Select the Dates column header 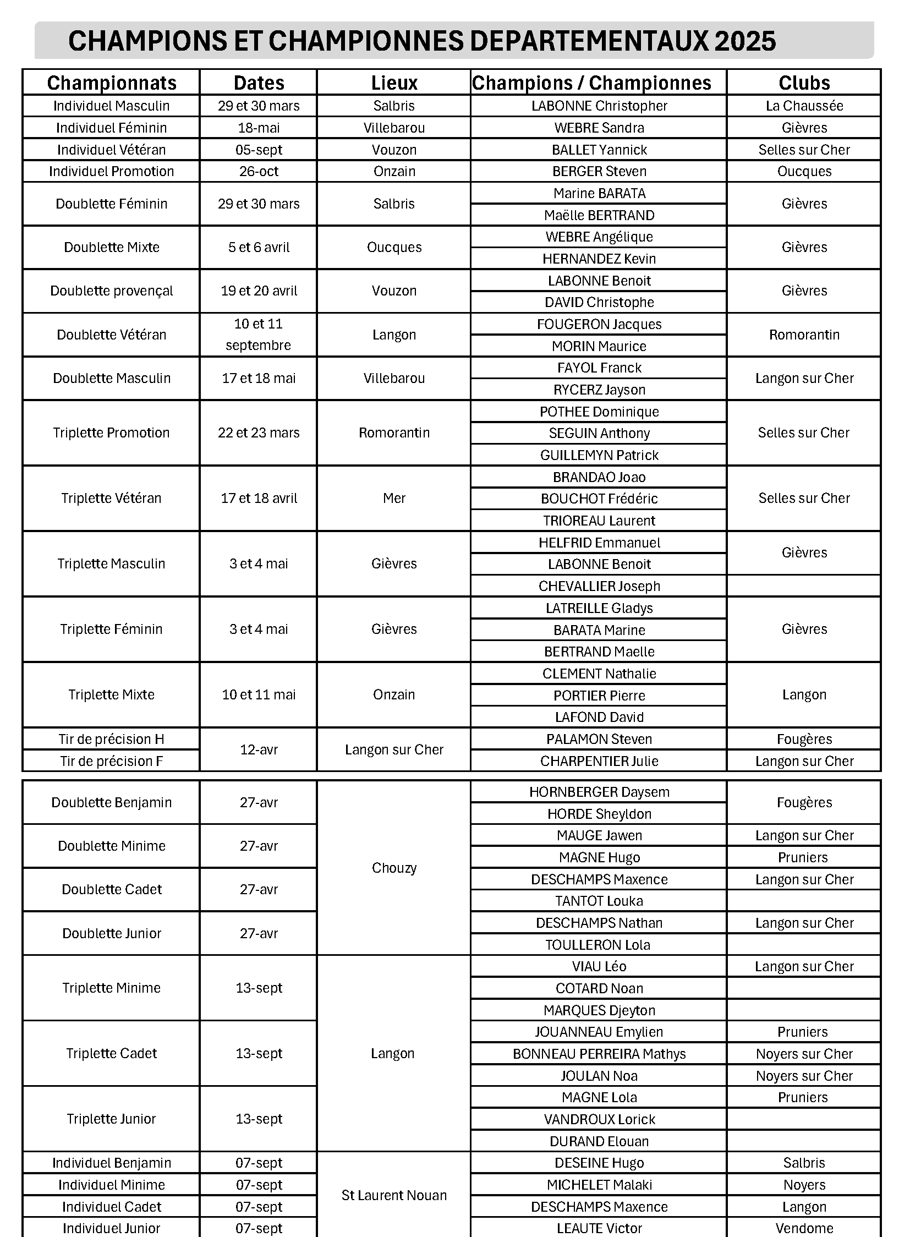pos(259,83)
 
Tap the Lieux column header pos(394,83)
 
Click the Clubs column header pos(804,83)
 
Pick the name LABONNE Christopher pos(599,106)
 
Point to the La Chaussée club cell pos(804,106)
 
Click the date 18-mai pos(259,128)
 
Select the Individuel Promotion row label pos(111,171)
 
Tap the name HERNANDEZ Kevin pos(599,259)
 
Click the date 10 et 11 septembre pos(259,335)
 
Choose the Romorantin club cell pos(804,335)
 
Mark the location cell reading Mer pos(394,498)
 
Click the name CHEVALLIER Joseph pos(599,585)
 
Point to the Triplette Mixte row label pos(111,694)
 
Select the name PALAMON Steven pos(599,739)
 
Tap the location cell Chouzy pos(394,868)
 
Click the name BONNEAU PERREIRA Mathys pos(599,1054)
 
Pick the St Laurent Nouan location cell pos(394,1195)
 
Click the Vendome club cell pos(804,1228)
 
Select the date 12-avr pos(259,749)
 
